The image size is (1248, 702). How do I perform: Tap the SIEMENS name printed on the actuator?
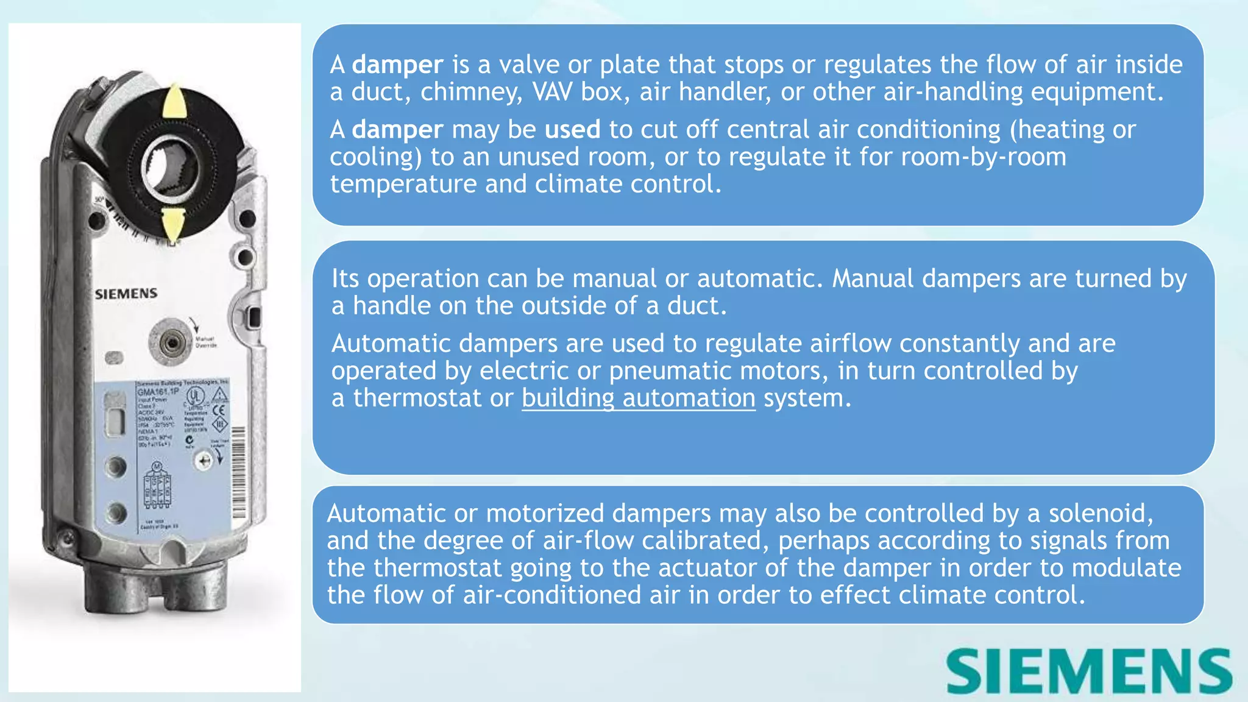tap(126, 294)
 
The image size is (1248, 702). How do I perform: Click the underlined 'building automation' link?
tap(638, 398)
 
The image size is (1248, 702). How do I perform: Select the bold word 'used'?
tap(572, 129)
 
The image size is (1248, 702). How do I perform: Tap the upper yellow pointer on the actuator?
tap(174, 101)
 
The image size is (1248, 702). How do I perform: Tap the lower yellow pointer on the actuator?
tap(173, 225)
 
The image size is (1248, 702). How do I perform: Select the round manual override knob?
tap(171, 342)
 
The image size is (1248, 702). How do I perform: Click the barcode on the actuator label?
tap(238, 472)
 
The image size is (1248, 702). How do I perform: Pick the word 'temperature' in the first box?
tap(403, 184)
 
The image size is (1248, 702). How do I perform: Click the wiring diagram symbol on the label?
tap(157, 484)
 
